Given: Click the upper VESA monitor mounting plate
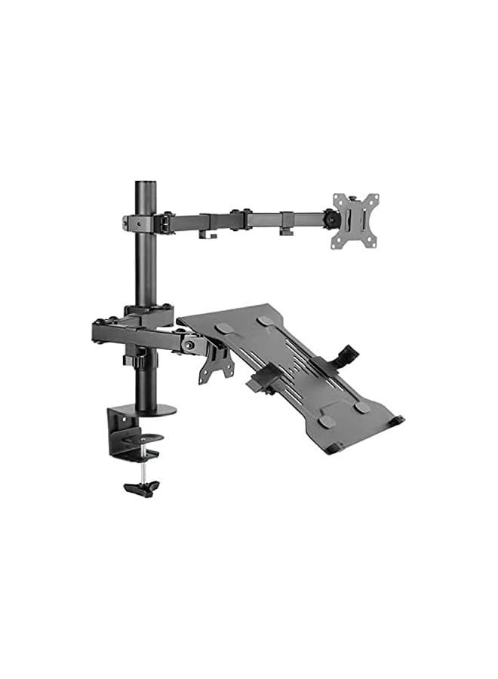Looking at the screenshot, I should (355, 220).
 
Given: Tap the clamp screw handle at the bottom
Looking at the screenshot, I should (142, 487).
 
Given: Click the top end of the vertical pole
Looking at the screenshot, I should (144, 186).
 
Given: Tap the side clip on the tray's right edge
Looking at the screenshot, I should (346, 357).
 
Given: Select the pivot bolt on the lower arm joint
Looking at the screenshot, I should (189, 346).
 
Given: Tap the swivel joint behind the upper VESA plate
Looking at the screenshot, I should (329, 218).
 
